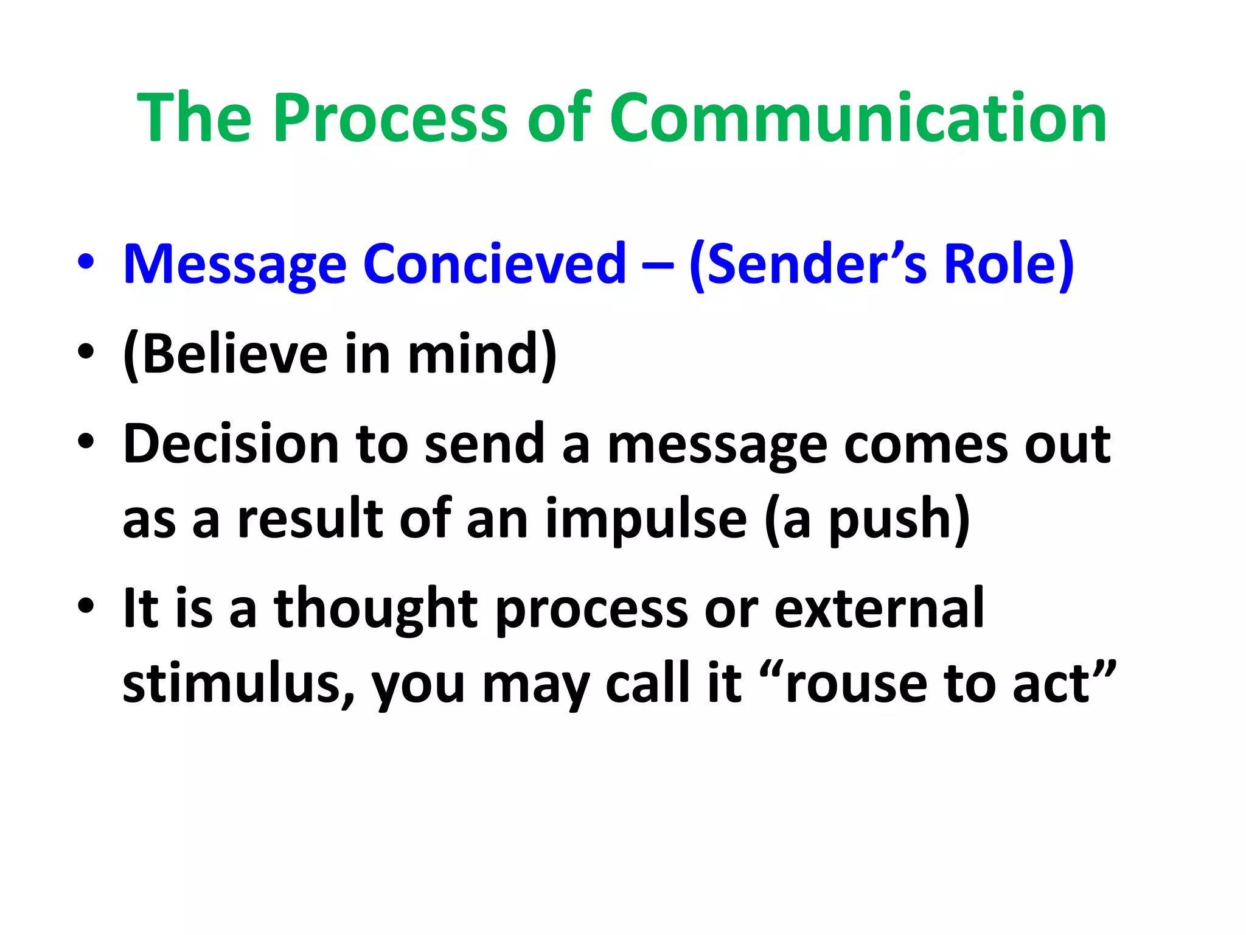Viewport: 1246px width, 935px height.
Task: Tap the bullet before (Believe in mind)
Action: (86, 352)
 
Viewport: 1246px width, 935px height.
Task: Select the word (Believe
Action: (225, 354)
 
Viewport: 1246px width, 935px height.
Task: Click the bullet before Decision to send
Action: (86, 442)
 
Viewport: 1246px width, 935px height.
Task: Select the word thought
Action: (375, 609)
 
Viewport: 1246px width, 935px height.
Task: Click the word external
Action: (879, 609)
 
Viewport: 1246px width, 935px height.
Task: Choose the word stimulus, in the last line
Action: (238, 683)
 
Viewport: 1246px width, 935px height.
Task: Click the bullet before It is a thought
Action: (86, 606)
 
